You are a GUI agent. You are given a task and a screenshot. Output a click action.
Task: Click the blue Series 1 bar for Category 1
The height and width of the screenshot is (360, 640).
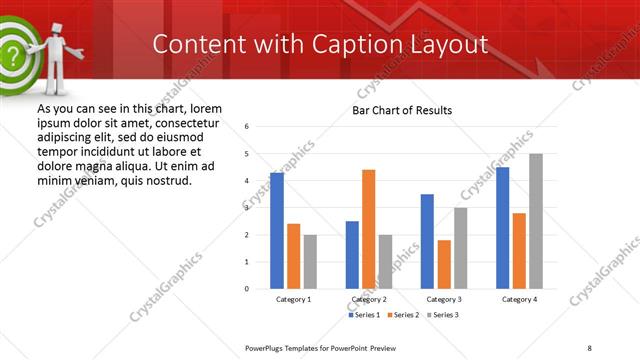coord(277,231)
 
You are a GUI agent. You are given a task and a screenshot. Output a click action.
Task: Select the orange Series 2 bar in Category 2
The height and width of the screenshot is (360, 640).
coord(368,229)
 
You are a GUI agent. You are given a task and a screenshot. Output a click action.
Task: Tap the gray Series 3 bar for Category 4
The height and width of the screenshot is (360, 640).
coord(535,221)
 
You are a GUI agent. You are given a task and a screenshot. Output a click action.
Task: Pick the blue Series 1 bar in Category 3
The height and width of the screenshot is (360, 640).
coord(427,241)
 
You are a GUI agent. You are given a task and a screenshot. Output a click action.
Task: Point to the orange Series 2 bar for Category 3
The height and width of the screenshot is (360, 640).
coord(443,264)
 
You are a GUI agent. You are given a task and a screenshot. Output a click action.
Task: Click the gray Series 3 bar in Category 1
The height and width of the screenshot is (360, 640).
coord(310,261)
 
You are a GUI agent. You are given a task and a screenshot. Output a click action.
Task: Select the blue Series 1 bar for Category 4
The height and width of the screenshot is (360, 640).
coord(502,228)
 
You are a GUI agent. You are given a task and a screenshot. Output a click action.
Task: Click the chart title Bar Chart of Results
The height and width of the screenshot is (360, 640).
coord(401,110)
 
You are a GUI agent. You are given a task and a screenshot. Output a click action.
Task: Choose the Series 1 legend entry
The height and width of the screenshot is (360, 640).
coord(364,315)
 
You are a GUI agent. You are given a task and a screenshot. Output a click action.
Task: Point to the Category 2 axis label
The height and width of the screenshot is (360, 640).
coord(368,299)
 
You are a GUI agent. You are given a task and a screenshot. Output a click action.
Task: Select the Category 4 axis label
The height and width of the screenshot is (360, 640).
coord(519,299)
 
